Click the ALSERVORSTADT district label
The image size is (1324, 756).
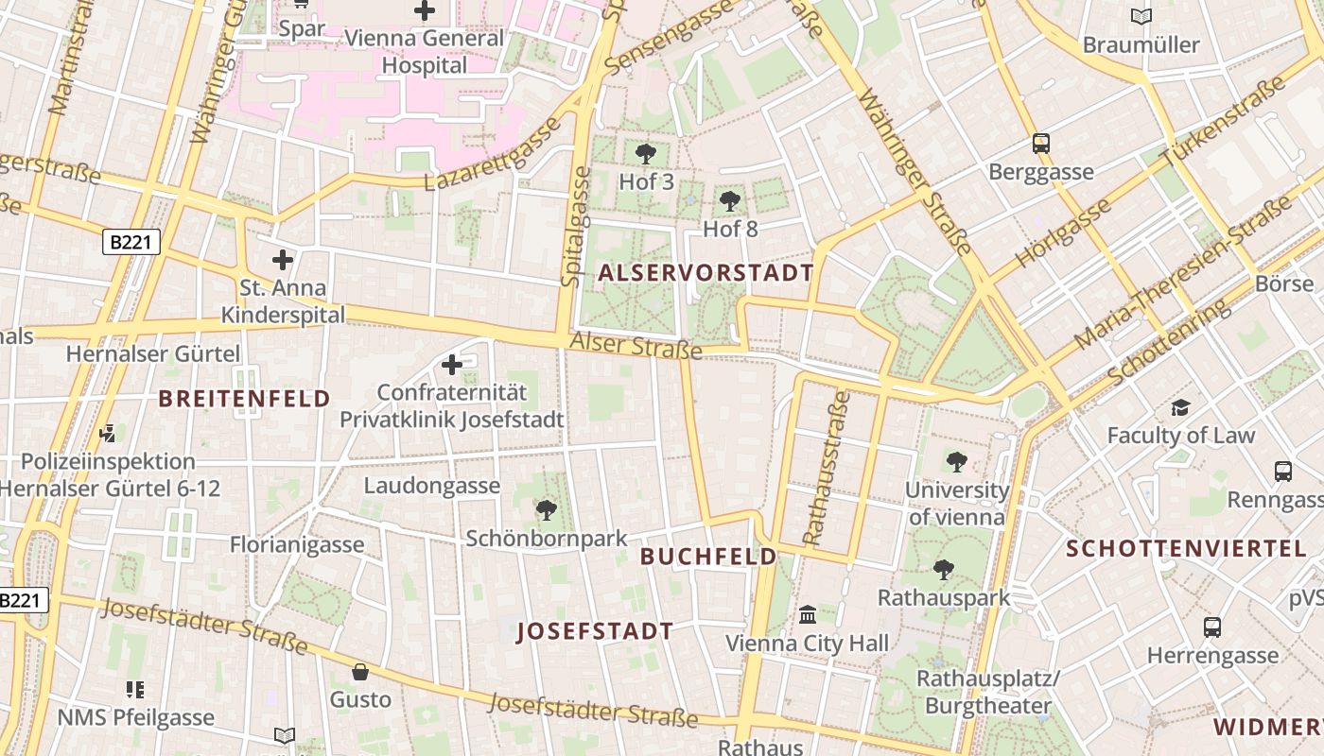coord(706,273)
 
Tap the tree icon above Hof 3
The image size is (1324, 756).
coord(646,153)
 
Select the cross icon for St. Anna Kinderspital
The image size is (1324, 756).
coord(282,259)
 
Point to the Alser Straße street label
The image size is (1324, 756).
coord(636,345)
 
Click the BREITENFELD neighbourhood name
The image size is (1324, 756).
coord(244,399)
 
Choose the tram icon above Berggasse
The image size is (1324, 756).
coord(1040,144)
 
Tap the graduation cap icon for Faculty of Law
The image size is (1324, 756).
coord(1180,408)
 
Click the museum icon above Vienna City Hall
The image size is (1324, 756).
coord(807,615)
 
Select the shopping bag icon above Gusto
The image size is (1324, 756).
coord(360,672)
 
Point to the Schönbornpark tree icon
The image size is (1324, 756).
coord(546,510)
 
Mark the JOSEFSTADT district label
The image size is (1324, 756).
coord(595,632)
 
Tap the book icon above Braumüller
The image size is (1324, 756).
coord(1141,16)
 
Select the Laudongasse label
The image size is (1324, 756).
coord(432,486)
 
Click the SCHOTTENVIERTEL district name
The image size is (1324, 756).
coord(1186,549)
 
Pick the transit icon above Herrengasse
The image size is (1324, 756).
coord(1212,627)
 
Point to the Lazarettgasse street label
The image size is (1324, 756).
coord(492,157)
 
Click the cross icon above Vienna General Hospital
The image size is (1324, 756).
coord(425,10)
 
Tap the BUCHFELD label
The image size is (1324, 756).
coord(708,557)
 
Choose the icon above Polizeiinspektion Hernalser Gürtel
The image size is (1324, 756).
coord(107,434)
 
